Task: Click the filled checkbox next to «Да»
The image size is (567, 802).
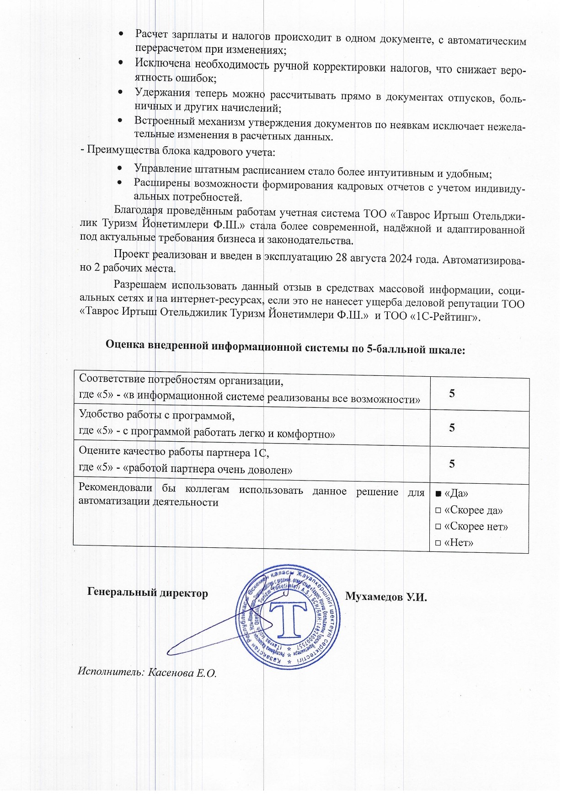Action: (438, 494)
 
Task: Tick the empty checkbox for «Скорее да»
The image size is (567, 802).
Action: (438, 511)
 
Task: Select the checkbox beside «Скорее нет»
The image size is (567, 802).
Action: (438, 527)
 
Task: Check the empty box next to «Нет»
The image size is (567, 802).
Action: (438, 543)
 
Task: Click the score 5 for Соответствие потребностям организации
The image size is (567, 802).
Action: (452, 394)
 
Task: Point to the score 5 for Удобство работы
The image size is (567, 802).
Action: (452, 428)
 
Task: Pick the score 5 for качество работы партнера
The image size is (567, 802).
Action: (452, 464)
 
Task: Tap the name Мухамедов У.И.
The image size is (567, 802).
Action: (385, 597)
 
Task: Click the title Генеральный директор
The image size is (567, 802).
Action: (147, 593)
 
